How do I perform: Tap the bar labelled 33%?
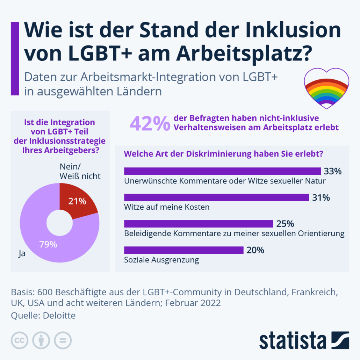tap(222, 171)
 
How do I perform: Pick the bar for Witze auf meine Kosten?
tap(217, 197)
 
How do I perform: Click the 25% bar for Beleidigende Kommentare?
tap(199, 224)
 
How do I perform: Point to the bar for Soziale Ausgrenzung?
tap(184, 250)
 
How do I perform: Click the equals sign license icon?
tap(63, 340)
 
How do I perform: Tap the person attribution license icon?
tap(41, 340)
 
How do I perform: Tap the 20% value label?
tap(255, 250)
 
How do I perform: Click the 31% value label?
tap(321, 197)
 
